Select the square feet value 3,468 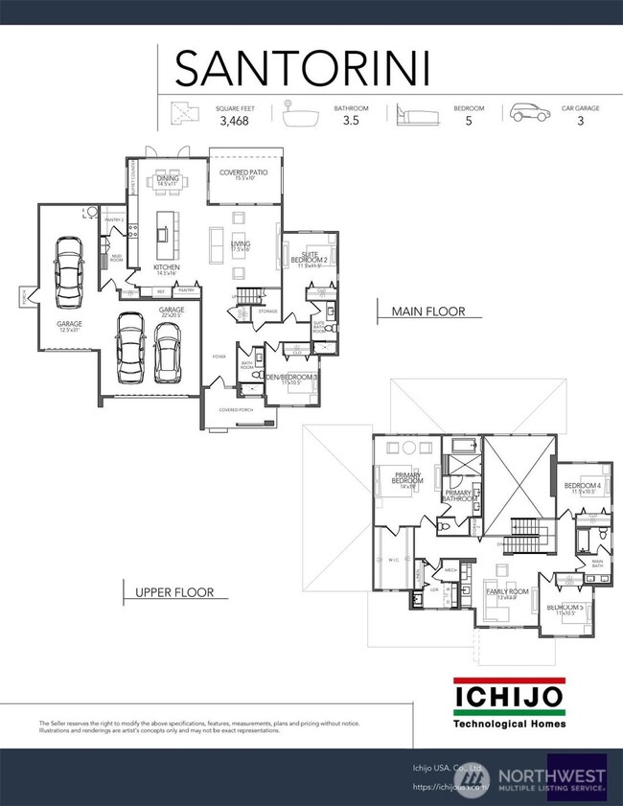233,123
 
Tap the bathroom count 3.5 350,123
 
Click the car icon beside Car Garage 529,114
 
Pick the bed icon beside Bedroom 415,115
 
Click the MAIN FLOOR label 428,311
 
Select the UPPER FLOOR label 175,592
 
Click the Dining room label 168,179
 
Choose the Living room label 241,246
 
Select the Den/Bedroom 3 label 291,379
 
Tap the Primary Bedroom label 407,480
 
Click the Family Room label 505,593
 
